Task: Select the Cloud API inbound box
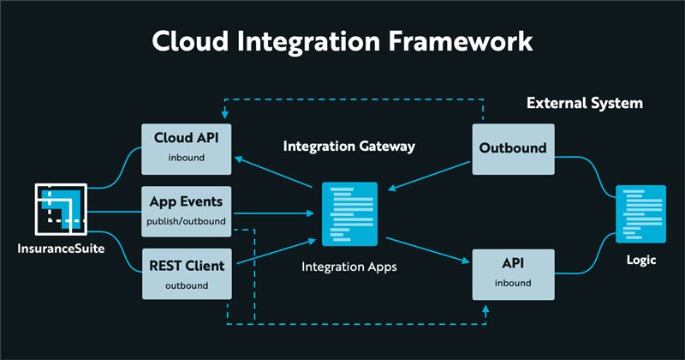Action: [185, 147]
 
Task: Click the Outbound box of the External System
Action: [513, 147]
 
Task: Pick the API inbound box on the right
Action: [513, 273]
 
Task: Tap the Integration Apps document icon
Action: [349, 214]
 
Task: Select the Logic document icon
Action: [641, 214]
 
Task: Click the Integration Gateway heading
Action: [349, 147]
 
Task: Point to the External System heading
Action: [584, 104]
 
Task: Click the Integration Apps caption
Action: [349, 267]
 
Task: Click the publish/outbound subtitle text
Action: [185, 222]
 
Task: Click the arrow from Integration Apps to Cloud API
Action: [275, 172]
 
